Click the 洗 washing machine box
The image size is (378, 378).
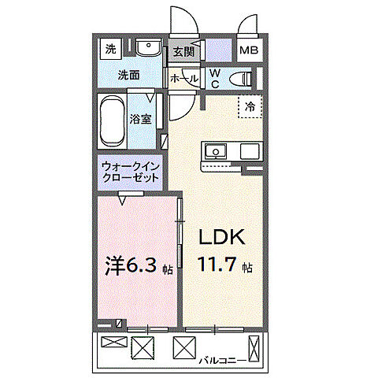click(x=111, y=49)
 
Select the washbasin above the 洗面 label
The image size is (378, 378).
click(x=147, y=48)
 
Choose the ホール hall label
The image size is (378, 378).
click(x=184, y=78)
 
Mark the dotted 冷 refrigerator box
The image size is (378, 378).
click(x=249, y=106)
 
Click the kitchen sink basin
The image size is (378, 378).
click(x=215, y=150)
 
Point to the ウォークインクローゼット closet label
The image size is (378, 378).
click(x=130, y=172)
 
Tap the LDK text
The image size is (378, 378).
click(x=223, y=237)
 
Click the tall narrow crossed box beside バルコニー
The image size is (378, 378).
click(x=253, y=346)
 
